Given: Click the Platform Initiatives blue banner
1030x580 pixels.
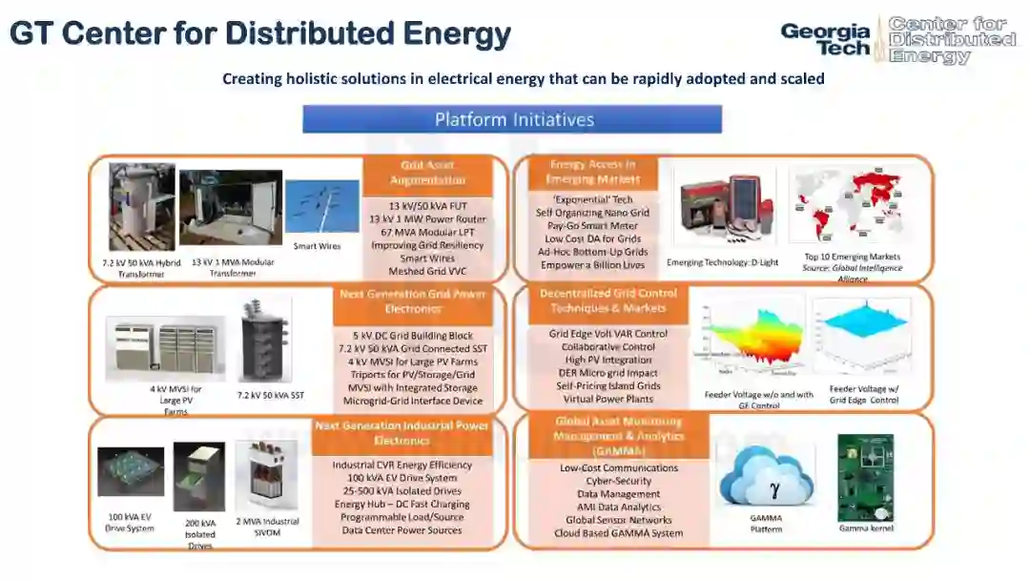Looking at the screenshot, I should (x=512, y=119).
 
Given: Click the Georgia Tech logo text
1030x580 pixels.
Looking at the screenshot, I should (x=826, y=39).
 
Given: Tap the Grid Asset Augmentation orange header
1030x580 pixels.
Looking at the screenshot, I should (x=427, y=173).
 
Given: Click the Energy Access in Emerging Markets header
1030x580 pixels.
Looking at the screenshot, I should (x=590, y=172).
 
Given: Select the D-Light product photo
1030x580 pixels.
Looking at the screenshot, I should (x=725, y=210).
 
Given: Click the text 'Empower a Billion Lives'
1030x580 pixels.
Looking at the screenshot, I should (x=592, y=265).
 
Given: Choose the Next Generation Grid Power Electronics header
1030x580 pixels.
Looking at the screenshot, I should (x=413, y=301).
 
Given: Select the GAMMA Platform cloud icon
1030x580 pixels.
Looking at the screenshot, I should (x=766, y=479).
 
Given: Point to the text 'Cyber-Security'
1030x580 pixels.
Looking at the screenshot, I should (x=606, y=481).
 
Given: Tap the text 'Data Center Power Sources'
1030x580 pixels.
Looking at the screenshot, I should (x=402, y=529).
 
